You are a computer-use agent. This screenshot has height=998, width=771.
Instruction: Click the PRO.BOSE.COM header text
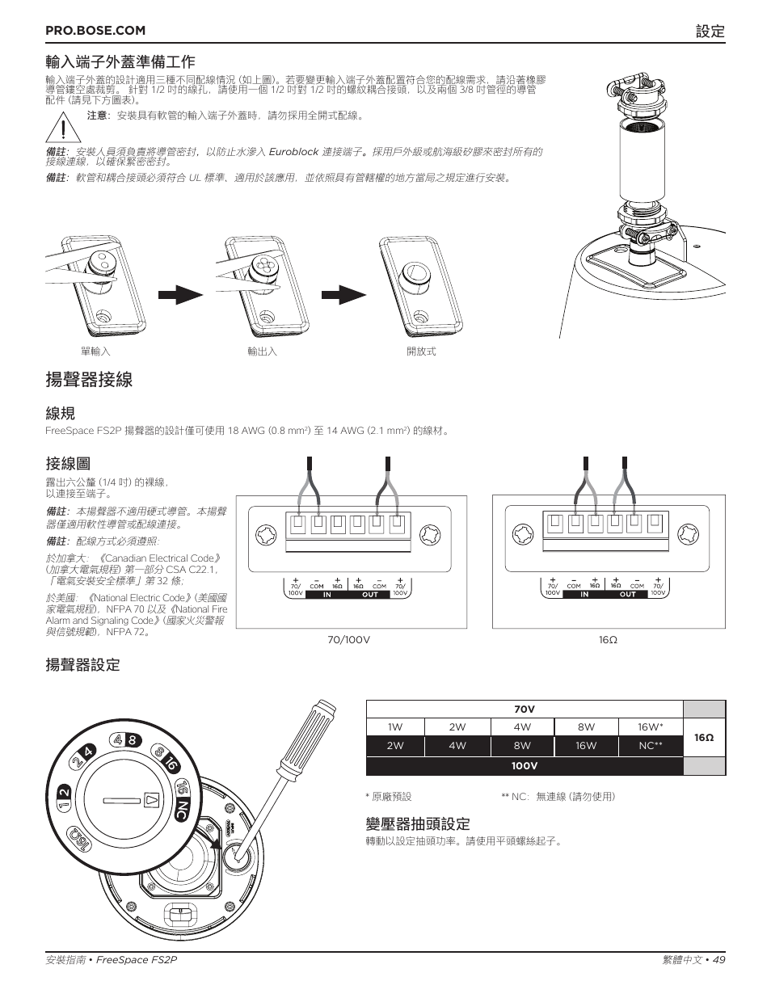[95, 30]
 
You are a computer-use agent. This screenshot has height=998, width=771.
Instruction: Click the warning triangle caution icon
[61, 128]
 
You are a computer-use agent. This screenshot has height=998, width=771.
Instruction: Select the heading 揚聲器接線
[89, 380]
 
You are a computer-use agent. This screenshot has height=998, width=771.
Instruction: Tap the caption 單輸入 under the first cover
[95, 352]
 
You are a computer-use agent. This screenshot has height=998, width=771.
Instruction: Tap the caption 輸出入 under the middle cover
[262, 352]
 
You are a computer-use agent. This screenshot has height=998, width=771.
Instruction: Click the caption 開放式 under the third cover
[421, 352]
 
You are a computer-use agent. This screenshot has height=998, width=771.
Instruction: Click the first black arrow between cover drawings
[180, 294]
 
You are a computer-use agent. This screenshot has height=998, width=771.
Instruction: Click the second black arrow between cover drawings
[343, 294]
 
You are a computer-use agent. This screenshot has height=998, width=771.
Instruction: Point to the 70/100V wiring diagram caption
[348, 640]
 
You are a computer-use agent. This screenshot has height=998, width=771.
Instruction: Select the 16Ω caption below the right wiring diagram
[608, 640]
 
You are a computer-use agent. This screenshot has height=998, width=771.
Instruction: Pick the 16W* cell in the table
[650, 727]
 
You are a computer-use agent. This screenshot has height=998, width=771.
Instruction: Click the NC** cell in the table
[650, 746]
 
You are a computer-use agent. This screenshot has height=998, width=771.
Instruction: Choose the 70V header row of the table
[525, 710]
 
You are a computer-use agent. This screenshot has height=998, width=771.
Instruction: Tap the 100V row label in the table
[525, 766]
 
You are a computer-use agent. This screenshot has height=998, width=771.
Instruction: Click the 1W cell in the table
[394, 727]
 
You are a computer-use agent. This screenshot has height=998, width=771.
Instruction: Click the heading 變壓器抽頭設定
[417, 823]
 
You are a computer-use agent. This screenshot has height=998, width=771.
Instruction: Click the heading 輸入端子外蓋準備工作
[120, 61]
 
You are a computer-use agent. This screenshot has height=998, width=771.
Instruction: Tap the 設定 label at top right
[710, 31]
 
